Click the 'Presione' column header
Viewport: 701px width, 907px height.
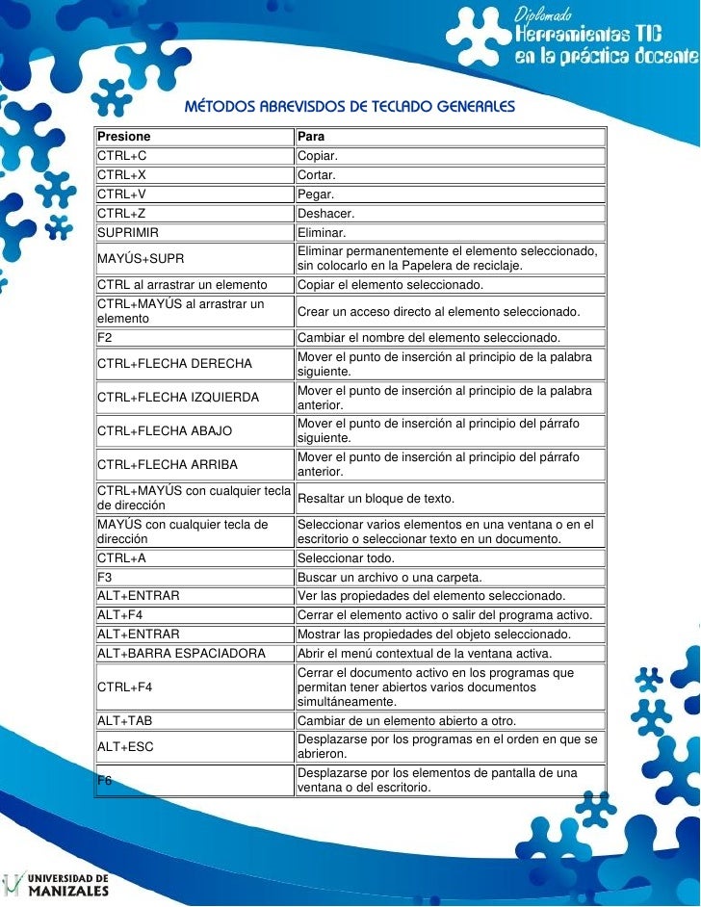[x=124, y=137]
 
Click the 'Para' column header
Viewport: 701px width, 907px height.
[x=311, y=137]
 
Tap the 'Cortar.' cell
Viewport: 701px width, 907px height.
[x=317, y=175]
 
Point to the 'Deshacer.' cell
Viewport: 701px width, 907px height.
[x=326, y=213]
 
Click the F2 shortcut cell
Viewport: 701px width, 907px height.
[x=105, y=338]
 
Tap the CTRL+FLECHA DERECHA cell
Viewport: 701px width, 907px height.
[x=174, y=364]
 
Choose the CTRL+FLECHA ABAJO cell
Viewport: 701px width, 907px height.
[x=165, y=430]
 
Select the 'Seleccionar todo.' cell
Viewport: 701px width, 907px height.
[x=346, y=558]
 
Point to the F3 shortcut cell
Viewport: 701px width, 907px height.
[x=105, y=578]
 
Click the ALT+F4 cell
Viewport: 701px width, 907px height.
[x=120, y=615]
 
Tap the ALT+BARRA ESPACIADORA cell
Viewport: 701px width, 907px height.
[x=181, y=653]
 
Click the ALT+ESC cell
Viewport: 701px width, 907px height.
[x=126, y=746]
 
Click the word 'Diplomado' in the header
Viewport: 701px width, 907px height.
[x=545, y=14]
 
